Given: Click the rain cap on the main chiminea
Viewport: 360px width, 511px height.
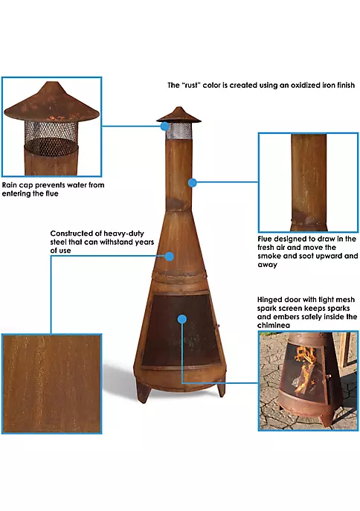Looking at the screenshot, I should (x=173, y=114).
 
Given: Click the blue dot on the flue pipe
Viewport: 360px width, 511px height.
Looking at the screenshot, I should (x=192, y=181).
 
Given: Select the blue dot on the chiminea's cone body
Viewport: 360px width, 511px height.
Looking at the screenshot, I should (x=170, y=257).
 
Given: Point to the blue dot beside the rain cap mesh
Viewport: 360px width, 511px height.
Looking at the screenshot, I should (x=165, y=126).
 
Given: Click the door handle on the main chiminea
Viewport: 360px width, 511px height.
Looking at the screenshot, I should (x=216, y=328).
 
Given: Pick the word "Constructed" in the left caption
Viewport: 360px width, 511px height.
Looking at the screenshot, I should (x=72, y=232).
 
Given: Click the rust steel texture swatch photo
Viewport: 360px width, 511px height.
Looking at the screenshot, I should (x=51, y=384).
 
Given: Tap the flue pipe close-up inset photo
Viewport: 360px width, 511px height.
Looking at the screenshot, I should (x=308, y=181).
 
